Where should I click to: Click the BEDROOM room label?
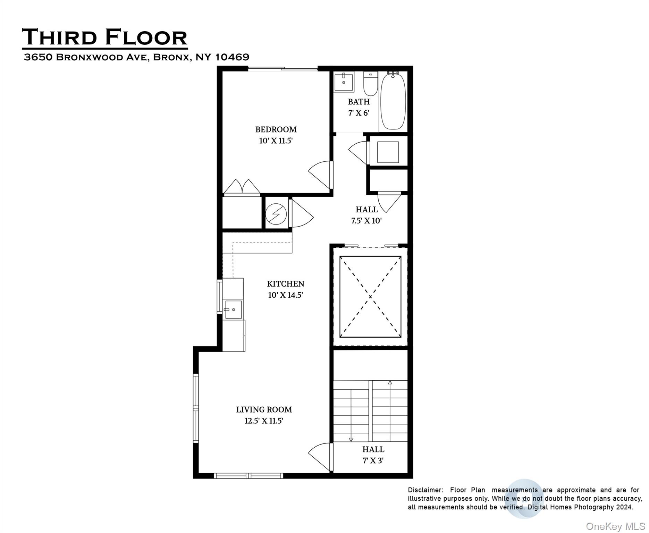[276, 129]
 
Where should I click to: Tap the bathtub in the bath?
[393, 101]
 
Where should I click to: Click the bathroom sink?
[344, 82]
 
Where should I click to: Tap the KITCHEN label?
[285, 284]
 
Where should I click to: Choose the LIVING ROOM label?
[264, 409]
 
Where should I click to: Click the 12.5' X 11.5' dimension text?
[264, 421]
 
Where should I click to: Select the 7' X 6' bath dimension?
[359, 113]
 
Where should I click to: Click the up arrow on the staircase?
[390, 383]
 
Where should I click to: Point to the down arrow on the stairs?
[351, 439]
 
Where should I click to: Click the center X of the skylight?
[370, 297]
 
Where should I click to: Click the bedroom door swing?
[320, 175]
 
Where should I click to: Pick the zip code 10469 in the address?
[232, 57]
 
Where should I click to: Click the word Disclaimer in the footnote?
[425, 490]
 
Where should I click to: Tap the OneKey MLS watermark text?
[615, 526]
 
